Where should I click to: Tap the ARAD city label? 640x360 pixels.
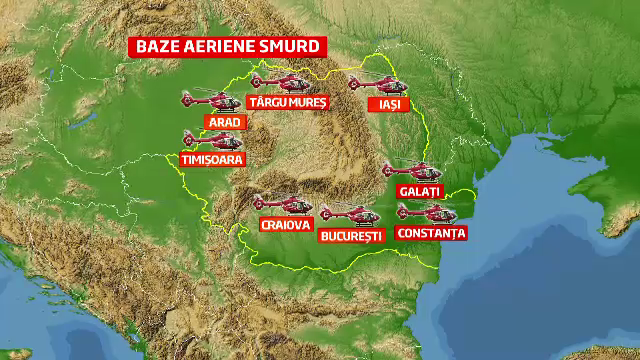(222, 121)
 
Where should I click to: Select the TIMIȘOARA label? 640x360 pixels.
(211, 158)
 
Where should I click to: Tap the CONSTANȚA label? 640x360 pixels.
(431, 233)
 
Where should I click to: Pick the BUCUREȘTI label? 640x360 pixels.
(351, 236)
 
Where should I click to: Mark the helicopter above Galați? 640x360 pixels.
(413, 171)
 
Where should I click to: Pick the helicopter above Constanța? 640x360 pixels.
(426, 212)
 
